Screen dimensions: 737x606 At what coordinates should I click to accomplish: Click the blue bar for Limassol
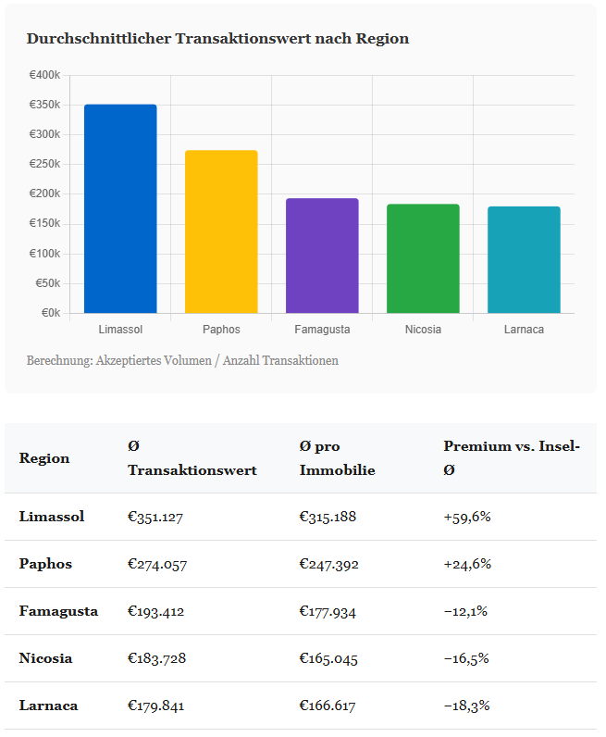click(x=120, y=209)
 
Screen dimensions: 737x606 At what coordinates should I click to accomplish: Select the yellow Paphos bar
click(x=221, y=231)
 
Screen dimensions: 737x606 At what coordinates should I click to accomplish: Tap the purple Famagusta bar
click(x=322, y=256)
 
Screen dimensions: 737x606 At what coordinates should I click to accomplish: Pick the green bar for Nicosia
click(x=423, y=258)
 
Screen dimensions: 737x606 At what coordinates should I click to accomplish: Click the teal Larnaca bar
click(x=524, y=260)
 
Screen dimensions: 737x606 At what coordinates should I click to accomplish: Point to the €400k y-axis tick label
click(x=44, y=75)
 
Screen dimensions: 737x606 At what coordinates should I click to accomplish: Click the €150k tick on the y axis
click(x=44, y=224)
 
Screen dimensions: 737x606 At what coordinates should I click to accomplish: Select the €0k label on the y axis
click(x=50, y=313)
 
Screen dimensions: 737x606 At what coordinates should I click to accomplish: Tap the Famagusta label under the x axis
click(x=322, y=330)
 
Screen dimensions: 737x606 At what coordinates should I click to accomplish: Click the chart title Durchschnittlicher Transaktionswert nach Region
click(x=217, y=39)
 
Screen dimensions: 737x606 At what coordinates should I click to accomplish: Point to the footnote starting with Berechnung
click(x=182, y=360)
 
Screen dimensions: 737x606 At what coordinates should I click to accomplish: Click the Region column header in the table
click(x=43, y=458)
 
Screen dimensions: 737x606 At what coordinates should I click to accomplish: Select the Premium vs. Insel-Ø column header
click(x=511, y=458)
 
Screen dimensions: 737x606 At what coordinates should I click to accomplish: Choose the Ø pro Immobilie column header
click(x=337, y=458)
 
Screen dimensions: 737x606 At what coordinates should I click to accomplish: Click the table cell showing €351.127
click(x=155, y=517)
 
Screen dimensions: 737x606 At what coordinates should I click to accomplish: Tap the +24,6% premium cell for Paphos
click(x=467, y=564)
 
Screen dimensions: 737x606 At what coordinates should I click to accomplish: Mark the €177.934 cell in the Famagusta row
click(x=328, y=611)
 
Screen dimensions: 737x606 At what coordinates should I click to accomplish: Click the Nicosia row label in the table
click(x=45, y=658)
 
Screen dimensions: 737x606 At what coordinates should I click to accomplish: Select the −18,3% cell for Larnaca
click(x=466, y=706)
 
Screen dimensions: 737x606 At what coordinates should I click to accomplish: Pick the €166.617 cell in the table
click(x=328, y=706)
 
